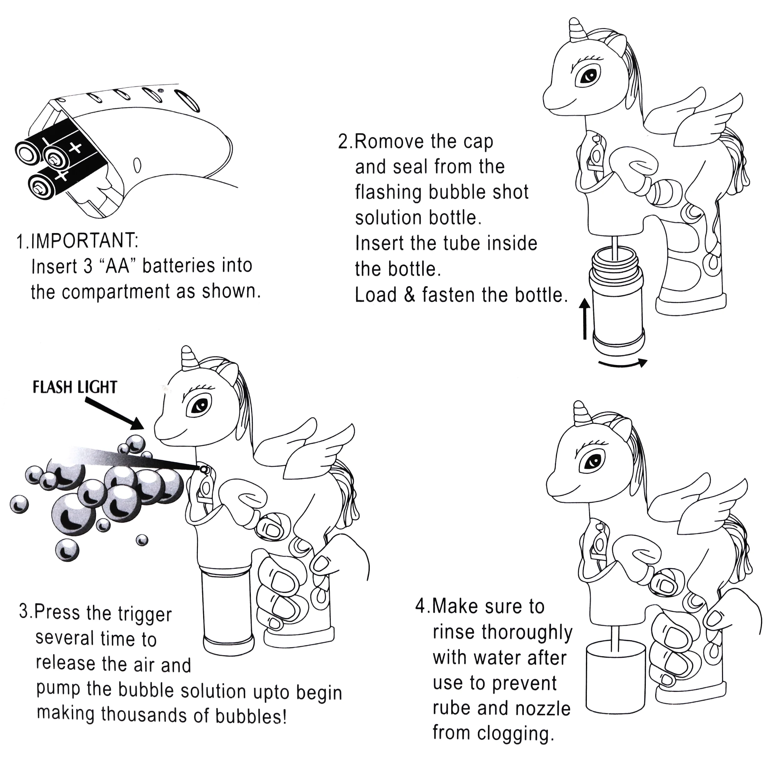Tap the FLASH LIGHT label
[75, 387]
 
